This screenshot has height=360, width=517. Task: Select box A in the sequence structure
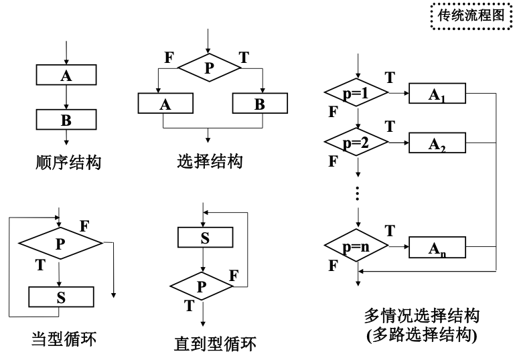point(66,76)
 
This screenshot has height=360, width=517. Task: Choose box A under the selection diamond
point(165,104)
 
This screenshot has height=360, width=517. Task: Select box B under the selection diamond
point(260,104)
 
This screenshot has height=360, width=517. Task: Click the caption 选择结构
point(210,162)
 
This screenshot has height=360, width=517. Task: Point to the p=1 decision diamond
point(356,94)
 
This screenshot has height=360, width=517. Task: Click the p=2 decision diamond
point(356,143)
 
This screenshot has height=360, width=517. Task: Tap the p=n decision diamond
point(356,247)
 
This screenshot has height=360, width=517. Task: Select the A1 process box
point(437,94)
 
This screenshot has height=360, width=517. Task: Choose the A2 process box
point(437,143)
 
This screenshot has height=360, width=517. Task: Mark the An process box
point(437,247)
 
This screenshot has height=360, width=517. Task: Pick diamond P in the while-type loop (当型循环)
point(60,244)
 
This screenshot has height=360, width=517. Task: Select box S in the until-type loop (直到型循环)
point(204,238)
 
